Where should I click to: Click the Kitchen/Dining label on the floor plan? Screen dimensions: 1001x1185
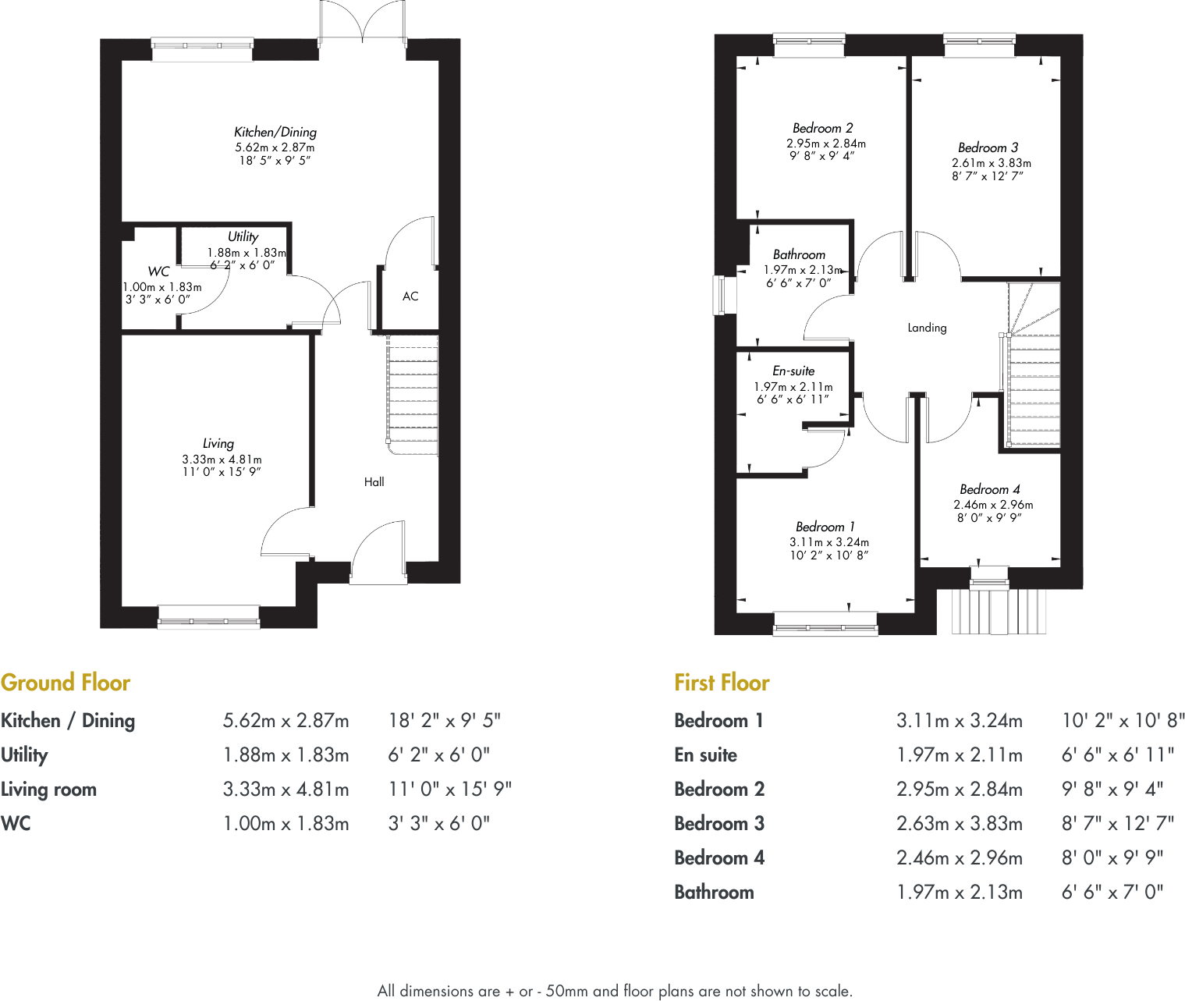click(275, 132)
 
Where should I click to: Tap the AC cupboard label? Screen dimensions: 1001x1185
click(410, 296)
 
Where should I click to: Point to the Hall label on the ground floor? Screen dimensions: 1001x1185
click(374, 482)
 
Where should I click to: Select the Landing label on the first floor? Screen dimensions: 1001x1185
click(927, 328)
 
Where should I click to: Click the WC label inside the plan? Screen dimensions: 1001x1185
click(158, 272)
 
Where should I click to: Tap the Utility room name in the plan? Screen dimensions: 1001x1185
click(243, 236)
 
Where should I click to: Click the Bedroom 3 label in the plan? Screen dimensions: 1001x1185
click(988, 147)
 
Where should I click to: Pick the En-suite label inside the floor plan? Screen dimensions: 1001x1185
click(793, 371)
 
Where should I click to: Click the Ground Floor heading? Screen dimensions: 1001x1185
click(66, 683)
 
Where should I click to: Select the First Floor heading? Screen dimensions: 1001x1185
click(722, 683)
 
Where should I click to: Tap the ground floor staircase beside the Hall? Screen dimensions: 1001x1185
click(413, 394)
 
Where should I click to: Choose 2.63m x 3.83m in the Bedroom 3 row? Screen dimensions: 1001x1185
click(959, 823)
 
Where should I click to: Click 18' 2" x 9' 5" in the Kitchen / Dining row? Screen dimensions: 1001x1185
click(445, 720)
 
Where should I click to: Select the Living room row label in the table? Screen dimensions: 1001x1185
click(48, 789)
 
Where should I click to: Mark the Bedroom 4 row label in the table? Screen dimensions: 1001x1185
click(718, 857)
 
